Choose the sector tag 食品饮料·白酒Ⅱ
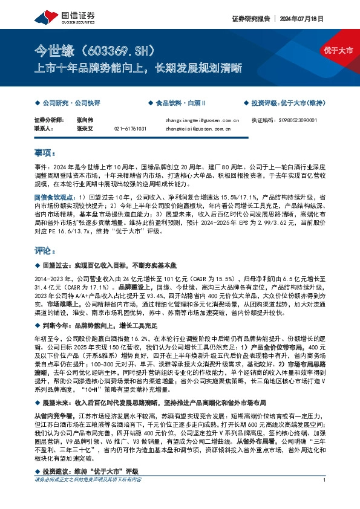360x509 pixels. pyautogui.click(x=182, y=103)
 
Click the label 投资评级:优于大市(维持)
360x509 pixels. pyautogui.click(x=289, y=103)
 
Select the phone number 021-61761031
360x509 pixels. pyautogui.click(x=130, y=129)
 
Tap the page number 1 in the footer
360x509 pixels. pyautogui.click(x=326, y=496)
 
